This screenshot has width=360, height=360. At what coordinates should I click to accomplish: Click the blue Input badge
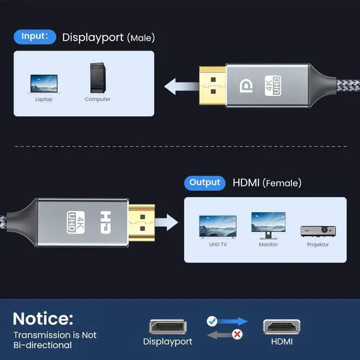[x=35, y=37]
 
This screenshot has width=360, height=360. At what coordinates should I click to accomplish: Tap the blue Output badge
[x=204, y=182]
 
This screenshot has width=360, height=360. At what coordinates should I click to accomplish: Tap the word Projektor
[x=318, y=245]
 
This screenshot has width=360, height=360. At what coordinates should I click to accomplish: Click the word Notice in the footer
[x=43, y=318]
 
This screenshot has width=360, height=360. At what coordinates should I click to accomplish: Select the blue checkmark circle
[x=212, y=321]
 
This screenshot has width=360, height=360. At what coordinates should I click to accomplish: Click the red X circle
[x=238, y=334]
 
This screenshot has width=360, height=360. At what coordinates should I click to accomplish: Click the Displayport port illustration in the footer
[x=168, y=327]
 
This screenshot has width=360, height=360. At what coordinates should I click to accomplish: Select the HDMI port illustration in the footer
[x=281, y=327]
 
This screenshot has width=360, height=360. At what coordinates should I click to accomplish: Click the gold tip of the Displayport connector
[x=213, y=87]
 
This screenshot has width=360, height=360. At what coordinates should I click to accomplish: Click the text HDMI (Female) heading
[x=267, y=183]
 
